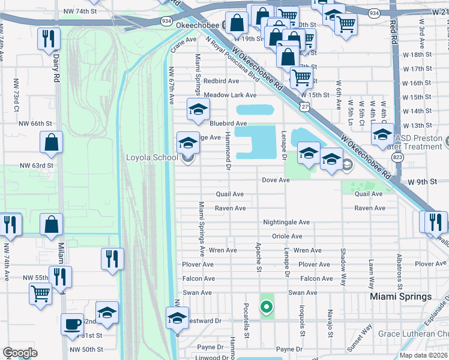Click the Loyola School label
(x=151, y=158)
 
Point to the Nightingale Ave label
(x=286, y=222)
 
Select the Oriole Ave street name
(x=286, y=236)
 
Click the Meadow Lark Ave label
(x=230, y=95)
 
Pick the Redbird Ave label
(x=221, y=80)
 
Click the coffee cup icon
(x=73, y=325)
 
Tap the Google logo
(x=20, y=353)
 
